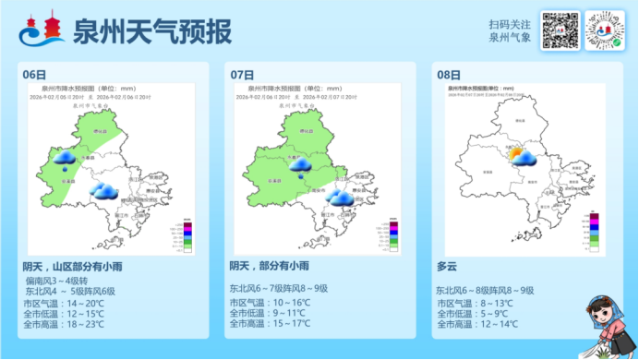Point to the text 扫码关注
tap(510, 25)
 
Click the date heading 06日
tap(34, 74)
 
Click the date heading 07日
tap(242, 74)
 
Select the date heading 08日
tap(448, 74)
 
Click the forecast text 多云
tap(447, 267)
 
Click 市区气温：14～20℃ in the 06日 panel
tap(64, 303)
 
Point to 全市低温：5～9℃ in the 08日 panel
tap(476, 313)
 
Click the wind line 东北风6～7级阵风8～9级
tap(278, 289)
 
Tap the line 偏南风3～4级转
tap(58, 281)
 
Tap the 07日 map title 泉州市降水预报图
tap(268, 88)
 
